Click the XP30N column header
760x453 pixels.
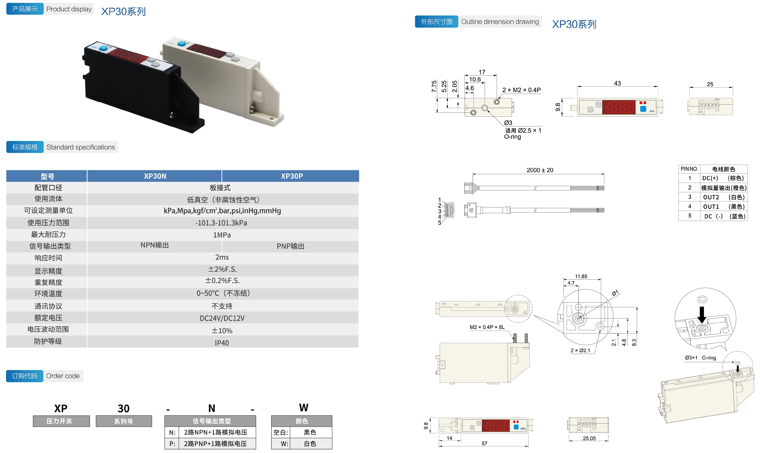pyautogui.click(x=155, y=176)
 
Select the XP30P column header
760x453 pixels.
pyautogui.click(x=292, y=176)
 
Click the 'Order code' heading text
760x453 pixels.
pyautogui.click(x=63, y=376)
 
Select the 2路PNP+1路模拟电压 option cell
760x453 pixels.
pyautogui.click(x=215, y=443)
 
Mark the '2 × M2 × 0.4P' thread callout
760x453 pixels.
pyautogui.click(x=521, y=90)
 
